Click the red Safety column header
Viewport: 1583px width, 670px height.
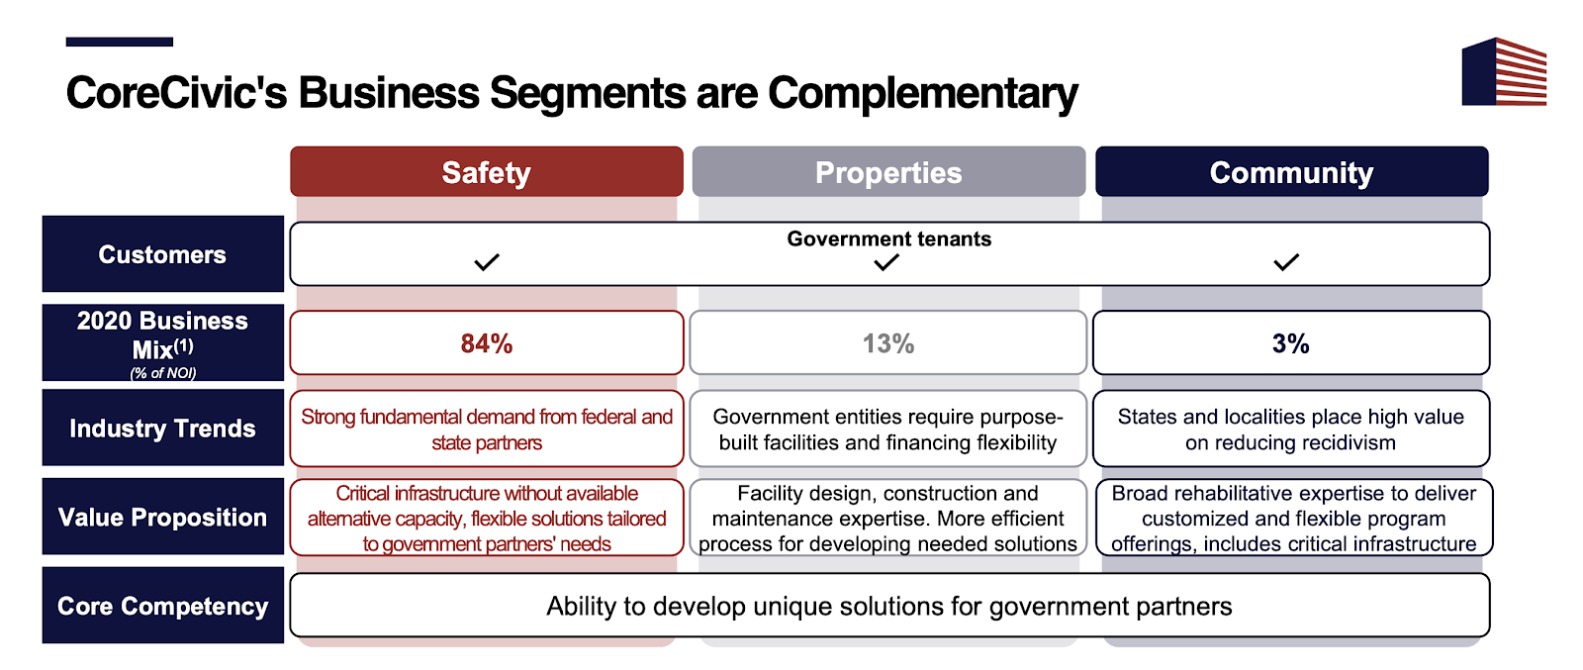click(x=486, y=172)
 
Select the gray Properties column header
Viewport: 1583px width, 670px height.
click(x=888, y=172)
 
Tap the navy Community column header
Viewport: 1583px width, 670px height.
click(x=1292, y=172)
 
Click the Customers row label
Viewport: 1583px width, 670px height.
click(x=162, y=253)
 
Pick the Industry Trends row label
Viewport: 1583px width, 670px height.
click(x=162, y=428)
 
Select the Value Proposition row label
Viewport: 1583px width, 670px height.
click(x=162, y=517)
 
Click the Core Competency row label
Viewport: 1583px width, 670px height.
click(x=162, y=606)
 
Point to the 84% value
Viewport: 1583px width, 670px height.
click(x=486, y=343)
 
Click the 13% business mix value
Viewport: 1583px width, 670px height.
click(x=888, y=343)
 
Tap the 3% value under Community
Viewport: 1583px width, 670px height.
click(x=1290, y=343)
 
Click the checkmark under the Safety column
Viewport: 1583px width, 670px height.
click(x=487, y=262)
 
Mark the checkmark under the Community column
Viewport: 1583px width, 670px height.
click(x=1286, y=262)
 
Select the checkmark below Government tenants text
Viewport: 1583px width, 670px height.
click(x=886, y=262)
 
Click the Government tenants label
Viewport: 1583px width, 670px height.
click(x=889, y=239)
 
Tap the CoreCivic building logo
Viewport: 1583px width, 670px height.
click(x=1504, y=71)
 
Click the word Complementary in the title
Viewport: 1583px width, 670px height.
click(x=923, y=93)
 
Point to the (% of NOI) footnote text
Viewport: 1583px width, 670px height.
click(x=162, y=372)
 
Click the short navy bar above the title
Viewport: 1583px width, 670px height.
click(x=120, y=42)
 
